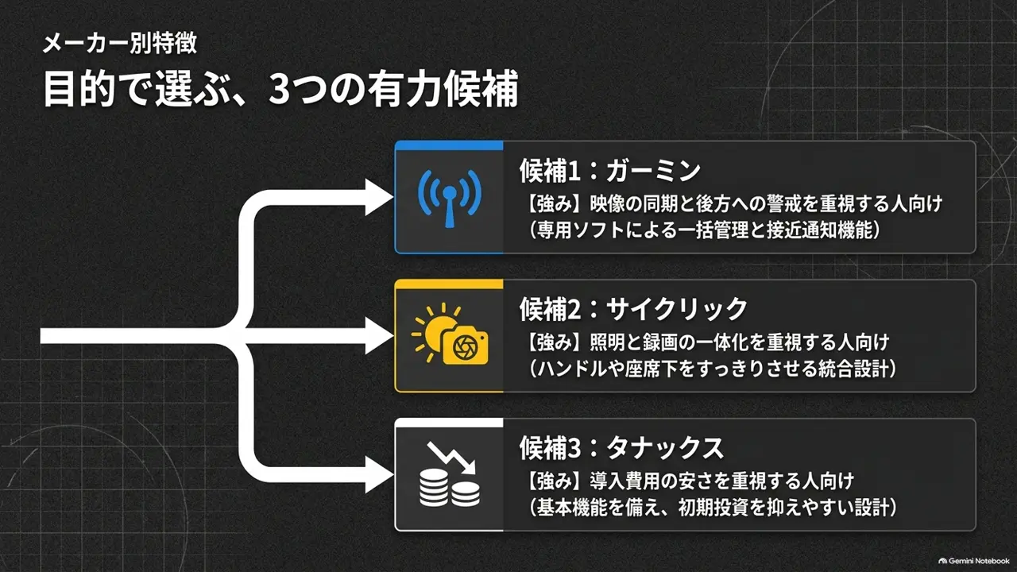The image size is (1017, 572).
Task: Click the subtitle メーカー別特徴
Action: pyautogui.click(x=120, y=44)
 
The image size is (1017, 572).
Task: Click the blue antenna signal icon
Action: pyautogui.click(x=450, y=199)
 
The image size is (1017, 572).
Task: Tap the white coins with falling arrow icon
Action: pyautogui.click(x=450, y=475)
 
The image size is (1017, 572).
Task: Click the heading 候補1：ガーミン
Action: pyautogui.click(x=610, y=171)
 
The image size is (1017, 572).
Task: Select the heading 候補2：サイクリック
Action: pyautogui.click(x=633, y=309)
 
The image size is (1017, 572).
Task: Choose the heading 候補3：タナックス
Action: pyautogui.click(x=621, y=447)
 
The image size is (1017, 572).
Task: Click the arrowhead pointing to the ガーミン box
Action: pyautogui.click(x=379, y=198)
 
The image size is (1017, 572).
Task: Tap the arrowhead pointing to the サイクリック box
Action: pyautogui.click(x=379, y=336)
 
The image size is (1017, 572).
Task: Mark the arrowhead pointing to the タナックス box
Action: pyautogui.click(x=379, y=475)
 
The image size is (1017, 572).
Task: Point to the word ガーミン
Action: pyautogui.click(x=654, y=171)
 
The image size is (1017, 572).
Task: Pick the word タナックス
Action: pyautogui.click(x=665, y=447)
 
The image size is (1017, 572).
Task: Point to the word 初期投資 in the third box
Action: pyautogui.click(x=713, y=507)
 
